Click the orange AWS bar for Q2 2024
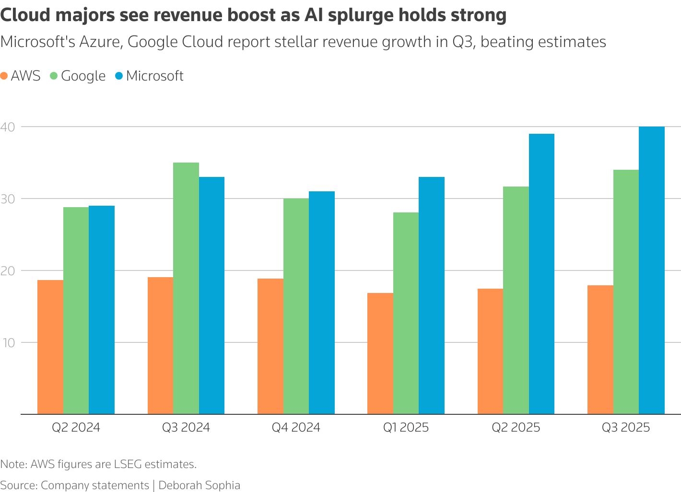(x=50, y=347)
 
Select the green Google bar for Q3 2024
(x=186, y=288)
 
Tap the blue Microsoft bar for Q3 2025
(x=652, y=270)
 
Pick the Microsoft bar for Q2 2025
(x=541, y=274)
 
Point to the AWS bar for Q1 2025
(x=380, y=353)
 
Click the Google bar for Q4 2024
(x=296, y=306)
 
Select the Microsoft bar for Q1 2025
(x=432, y=295)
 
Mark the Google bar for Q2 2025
(x=516, y=300)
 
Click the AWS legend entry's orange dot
(x=4, y=76)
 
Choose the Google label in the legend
(x=83, y=76)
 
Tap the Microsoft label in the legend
(x=154, y=76)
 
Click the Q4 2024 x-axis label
(x=296, y=427)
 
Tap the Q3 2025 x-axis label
(x=626, y=427)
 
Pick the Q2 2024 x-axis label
(x=76, y=427)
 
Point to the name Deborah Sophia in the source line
(x=199, y=485)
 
